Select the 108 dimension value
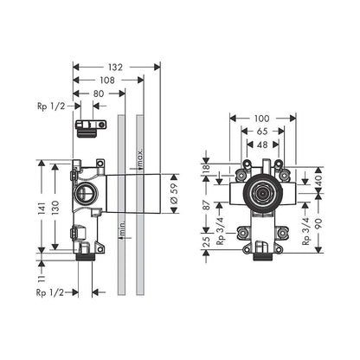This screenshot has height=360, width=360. pos(108,80)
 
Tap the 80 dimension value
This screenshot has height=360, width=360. pos(100,93)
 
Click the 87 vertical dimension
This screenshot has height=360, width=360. pos(206,208)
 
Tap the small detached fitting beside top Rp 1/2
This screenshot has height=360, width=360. pos(87,128)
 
